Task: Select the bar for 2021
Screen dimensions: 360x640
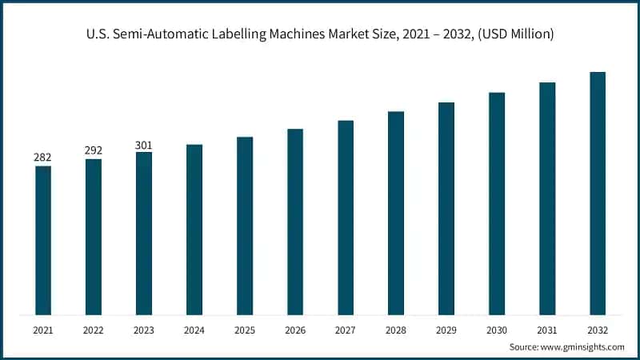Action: [43, 240]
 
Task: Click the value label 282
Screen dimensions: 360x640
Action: [43, 158]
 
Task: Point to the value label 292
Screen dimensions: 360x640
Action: [94, 150]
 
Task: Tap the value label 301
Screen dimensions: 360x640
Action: [144, 144]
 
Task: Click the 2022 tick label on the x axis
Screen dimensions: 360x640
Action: [94, 330]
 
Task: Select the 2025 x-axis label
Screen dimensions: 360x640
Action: [245, 330]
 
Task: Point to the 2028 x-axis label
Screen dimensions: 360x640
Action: [396, 330]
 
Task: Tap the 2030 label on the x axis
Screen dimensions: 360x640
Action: [497, 330]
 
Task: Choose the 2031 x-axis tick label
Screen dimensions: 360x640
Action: [547, 330]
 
